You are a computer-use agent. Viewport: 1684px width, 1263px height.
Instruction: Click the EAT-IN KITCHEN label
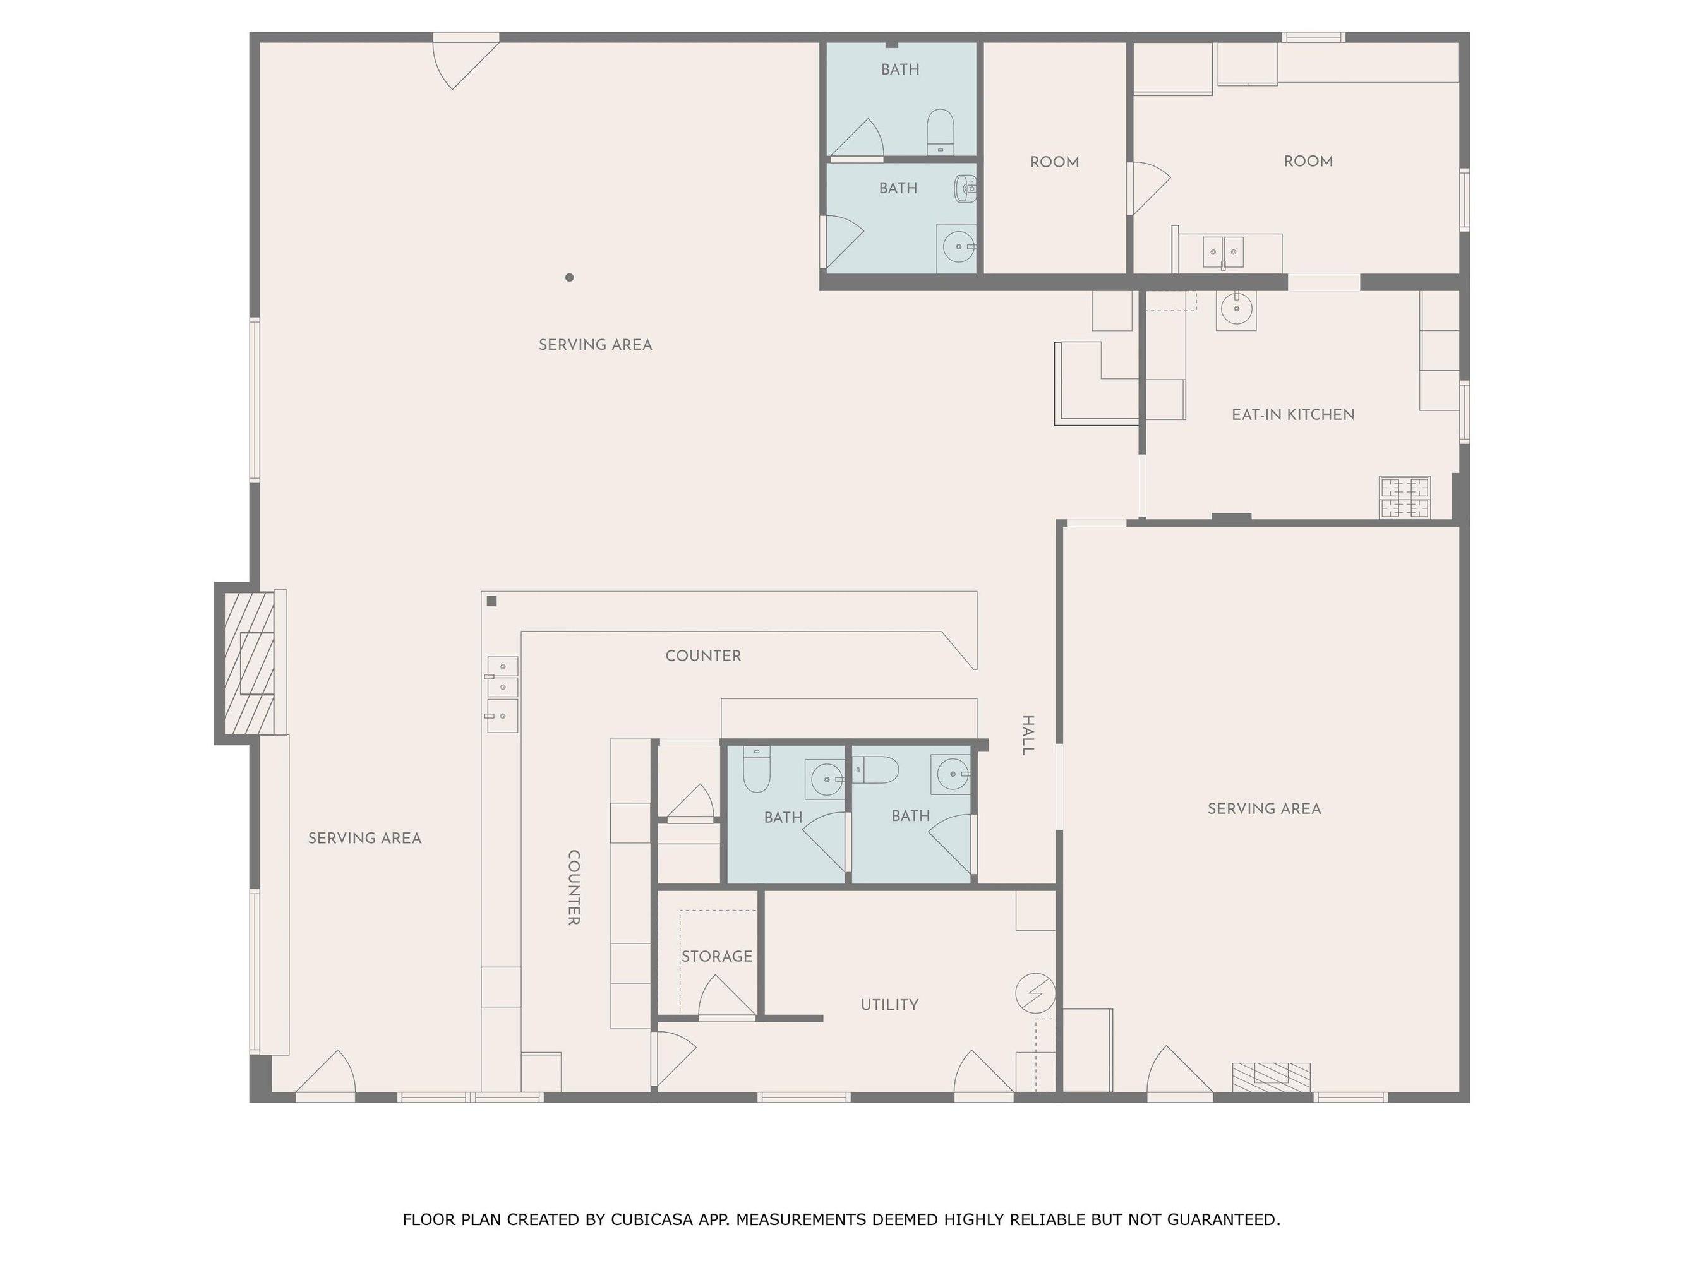[x=1293, y=415]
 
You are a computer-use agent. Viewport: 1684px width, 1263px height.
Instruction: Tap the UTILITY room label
[x=889, y=1005]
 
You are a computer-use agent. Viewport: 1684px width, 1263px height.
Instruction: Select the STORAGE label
[x=716, y=956]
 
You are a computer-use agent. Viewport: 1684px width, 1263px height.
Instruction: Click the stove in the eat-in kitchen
[x=1405, y=497]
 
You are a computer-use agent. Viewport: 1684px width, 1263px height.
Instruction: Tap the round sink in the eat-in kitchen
[x=1236, y=309]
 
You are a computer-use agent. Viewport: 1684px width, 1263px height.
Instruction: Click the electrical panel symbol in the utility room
[x=1035, y=993]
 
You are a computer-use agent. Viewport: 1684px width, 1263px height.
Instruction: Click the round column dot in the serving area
[x=570, y=277]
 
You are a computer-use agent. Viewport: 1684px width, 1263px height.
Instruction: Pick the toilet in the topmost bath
[x=940, y=132]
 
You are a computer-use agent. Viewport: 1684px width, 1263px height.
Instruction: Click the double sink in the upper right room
[x=1223, y=252]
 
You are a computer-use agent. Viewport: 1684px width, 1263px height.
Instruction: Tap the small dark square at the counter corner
[x=492, y=601]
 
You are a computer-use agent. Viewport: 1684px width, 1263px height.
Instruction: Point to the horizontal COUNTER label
[x=702, y=655]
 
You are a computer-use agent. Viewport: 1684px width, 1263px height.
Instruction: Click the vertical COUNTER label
[x=574, y=888]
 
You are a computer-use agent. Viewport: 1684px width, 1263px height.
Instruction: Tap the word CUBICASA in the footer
[x=652, y=1219]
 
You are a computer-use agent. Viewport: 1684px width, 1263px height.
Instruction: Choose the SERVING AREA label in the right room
[x=1264, y=808]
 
